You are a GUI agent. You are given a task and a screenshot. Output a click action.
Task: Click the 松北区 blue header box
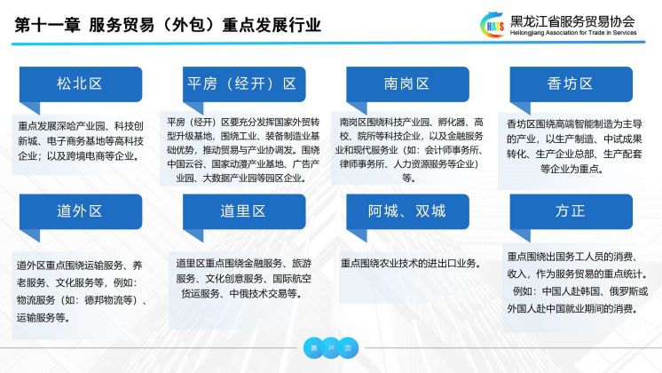coord(81,84)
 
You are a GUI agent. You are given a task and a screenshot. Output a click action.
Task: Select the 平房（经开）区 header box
coord(244,84)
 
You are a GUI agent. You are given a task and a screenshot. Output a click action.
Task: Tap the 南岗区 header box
coord(407,84)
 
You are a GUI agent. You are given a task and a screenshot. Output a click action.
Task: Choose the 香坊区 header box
coord(571,84)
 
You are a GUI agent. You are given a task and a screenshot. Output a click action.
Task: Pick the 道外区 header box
coord(81,211)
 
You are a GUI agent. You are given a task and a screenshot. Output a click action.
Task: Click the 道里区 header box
coord(244,211)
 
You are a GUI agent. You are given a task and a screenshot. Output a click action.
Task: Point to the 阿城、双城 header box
coord(407,211)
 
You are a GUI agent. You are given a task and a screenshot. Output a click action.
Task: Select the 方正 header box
coord(571,211)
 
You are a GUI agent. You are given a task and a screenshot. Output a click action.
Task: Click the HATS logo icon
coord(493,25)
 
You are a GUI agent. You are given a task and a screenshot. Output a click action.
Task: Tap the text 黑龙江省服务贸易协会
coord(572,21)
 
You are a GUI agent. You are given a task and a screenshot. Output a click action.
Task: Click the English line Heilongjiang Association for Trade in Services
coord(573,33)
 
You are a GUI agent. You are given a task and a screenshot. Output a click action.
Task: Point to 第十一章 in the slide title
coord(47,25)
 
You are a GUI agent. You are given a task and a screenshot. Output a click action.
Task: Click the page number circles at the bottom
coord(331,347)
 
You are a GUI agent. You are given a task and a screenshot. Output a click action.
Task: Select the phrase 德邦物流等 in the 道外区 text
coord(108,300)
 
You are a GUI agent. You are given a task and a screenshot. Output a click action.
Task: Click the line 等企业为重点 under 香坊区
coord(571,169)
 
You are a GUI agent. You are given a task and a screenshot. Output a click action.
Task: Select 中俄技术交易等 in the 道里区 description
coord(263,294)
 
